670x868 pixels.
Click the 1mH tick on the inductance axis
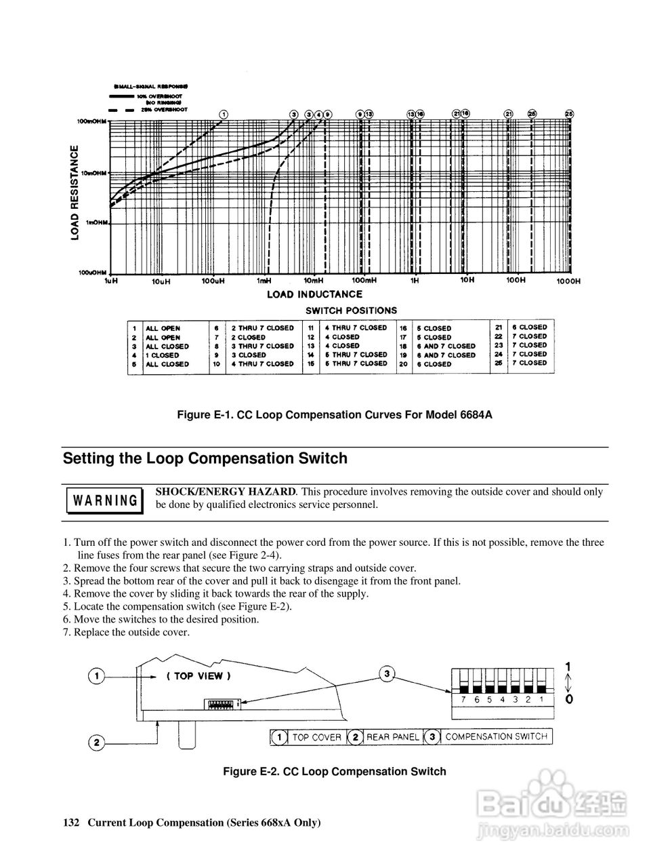tap(264, 281)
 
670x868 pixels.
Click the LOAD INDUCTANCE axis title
tap(314, 294)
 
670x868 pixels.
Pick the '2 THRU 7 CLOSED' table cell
tap(262, 328)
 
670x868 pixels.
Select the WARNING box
tap(105, 501)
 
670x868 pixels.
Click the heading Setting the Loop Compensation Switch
tap(205, 458)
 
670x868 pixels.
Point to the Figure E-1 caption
tap(334, 414)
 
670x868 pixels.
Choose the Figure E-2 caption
tap(335, 771)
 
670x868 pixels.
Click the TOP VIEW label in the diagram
tap(198, 676)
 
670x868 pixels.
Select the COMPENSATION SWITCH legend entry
tap(496, 737)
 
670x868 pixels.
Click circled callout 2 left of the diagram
tap(98, 743)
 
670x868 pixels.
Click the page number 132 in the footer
tap(71, 823)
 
